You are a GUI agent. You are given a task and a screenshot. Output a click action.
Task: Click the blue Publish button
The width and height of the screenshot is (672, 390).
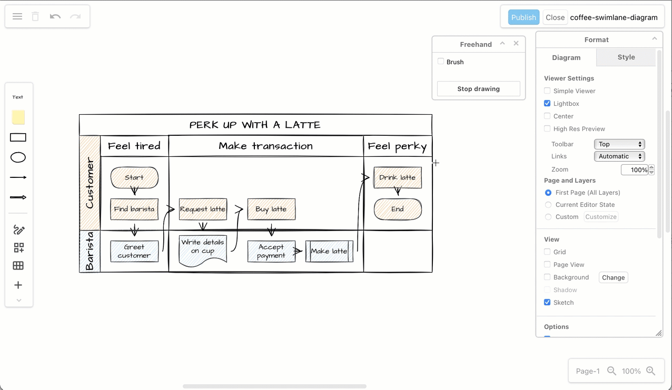point(523,17)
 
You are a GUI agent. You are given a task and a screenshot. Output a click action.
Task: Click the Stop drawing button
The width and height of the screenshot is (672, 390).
point(478,89)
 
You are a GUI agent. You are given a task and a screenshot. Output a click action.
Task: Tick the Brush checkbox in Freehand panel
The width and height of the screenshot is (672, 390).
point(441,62)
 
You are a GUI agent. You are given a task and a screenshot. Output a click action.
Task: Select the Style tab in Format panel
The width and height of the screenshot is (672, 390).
point(626,57)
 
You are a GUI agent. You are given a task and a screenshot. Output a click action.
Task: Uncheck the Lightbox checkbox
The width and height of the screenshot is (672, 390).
point(547,104)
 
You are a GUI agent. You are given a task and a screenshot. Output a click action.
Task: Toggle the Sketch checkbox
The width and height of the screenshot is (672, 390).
point(547,303)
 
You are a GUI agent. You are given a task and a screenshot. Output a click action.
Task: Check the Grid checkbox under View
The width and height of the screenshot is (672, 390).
point(547,252)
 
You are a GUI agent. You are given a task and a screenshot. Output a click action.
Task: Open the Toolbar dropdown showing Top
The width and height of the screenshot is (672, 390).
point(619,144)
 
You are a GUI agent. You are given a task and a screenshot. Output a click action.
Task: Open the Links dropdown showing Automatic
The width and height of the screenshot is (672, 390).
point(619,156)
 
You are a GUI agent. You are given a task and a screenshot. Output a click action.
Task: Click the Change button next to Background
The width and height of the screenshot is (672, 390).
point(613,277)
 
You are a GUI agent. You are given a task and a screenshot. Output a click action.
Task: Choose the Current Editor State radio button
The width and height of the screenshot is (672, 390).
point(548,205)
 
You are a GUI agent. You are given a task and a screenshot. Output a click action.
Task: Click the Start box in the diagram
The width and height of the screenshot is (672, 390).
point(134,178)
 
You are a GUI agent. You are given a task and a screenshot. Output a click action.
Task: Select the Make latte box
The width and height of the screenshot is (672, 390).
point(329,252)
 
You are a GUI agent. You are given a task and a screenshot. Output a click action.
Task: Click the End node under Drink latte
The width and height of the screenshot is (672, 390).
point(398,209)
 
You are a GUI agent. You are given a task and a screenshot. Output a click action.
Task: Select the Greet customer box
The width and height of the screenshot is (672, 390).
point(134,252)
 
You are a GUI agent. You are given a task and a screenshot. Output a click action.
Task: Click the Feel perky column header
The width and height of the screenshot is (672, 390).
point(397,146)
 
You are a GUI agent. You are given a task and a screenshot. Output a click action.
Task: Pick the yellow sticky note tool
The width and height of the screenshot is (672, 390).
point(18,117)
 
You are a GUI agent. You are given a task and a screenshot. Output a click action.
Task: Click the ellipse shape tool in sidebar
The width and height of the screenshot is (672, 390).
point(18,158)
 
